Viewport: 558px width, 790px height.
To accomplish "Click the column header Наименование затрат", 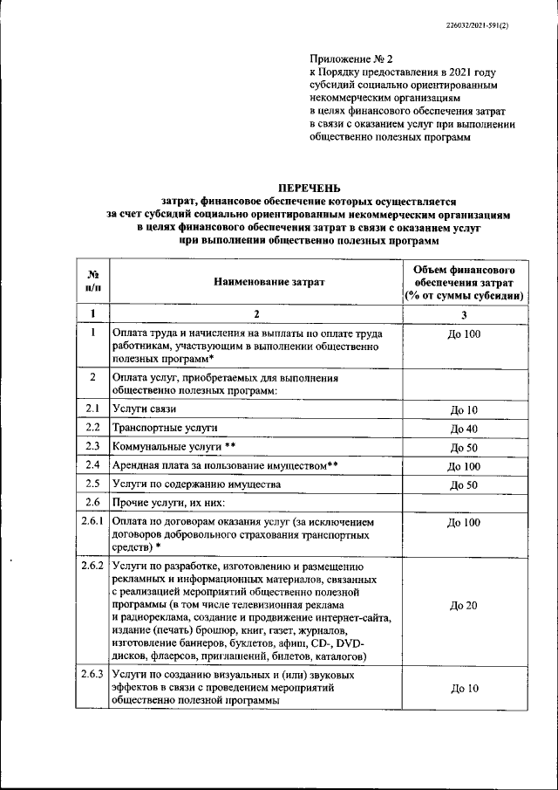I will coord(257,282).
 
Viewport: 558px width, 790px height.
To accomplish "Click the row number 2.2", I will coord(93,428).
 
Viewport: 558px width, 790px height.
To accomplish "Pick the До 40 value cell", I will coord(464,429).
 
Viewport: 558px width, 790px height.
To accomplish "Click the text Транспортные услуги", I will coord(165,428).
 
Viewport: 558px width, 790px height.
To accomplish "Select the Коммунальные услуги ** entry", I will coord(174,446).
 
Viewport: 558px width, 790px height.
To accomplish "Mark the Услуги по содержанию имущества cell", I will coord(208,484).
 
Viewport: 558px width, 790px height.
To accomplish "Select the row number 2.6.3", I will coord(93,676).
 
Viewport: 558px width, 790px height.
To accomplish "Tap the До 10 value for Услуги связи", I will coord(464,410).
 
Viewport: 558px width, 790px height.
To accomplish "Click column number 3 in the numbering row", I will coord(464,313).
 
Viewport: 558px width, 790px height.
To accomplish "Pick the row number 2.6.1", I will coord(93,521).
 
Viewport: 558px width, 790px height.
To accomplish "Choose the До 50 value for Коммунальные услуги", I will coord(464,447).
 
